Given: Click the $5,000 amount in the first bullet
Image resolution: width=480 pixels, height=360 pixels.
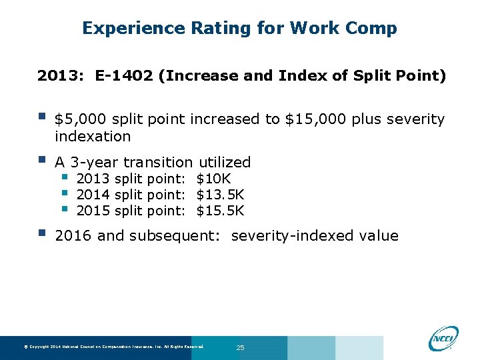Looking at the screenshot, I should coord(81,119).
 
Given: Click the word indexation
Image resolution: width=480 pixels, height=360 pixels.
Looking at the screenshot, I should coord(93,137).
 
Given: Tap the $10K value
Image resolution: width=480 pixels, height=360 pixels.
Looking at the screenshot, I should coord(213,179).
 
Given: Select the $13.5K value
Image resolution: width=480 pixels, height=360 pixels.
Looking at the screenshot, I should coord(220,195).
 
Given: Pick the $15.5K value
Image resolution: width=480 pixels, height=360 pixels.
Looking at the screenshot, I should coord(220,211).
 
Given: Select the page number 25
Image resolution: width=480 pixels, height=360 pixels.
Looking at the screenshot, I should coord(241,348).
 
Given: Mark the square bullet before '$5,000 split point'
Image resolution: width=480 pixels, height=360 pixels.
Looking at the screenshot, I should coord(41,117).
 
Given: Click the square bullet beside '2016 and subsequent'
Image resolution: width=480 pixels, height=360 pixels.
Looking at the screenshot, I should coord(41,233).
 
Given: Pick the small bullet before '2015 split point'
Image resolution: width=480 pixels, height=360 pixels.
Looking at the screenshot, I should coord(65,209).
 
